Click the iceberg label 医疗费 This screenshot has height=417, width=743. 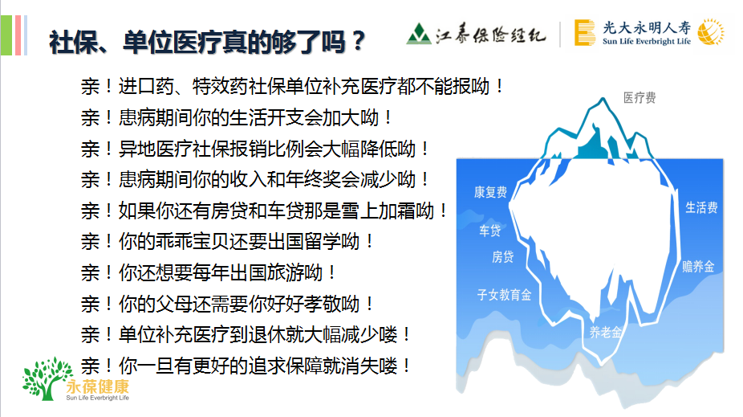(x=639, y=98)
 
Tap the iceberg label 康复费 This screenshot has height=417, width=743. (x=490, y=192)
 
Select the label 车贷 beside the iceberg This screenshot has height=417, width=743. (x=489, y=231)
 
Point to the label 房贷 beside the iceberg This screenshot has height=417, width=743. (x=503, y=256)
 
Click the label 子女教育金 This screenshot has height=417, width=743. (x=504, y=295)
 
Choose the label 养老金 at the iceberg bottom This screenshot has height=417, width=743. (x=605, y=332)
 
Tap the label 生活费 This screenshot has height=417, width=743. (x=701, y=207)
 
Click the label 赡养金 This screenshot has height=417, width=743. (x=698, y=267)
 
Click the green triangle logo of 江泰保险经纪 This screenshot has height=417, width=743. (x=418, y=34)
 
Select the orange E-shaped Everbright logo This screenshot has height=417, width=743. (x=585, y=33)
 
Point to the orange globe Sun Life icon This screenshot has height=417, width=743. (x=711, y=32)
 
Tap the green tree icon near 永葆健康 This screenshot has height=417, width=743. (x=47, y=378)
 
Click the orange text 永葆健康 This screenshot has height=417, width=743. (x=98, y=386)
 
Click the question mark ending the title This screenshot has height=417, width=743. (x=358, y=42)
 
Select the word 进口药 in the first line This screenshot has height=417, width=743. (x=146, y=86)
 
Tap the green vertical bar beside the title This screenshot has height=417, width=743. (x=6, y=35)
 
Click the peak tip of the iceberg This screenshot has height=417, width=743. (x=603, y=98)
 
